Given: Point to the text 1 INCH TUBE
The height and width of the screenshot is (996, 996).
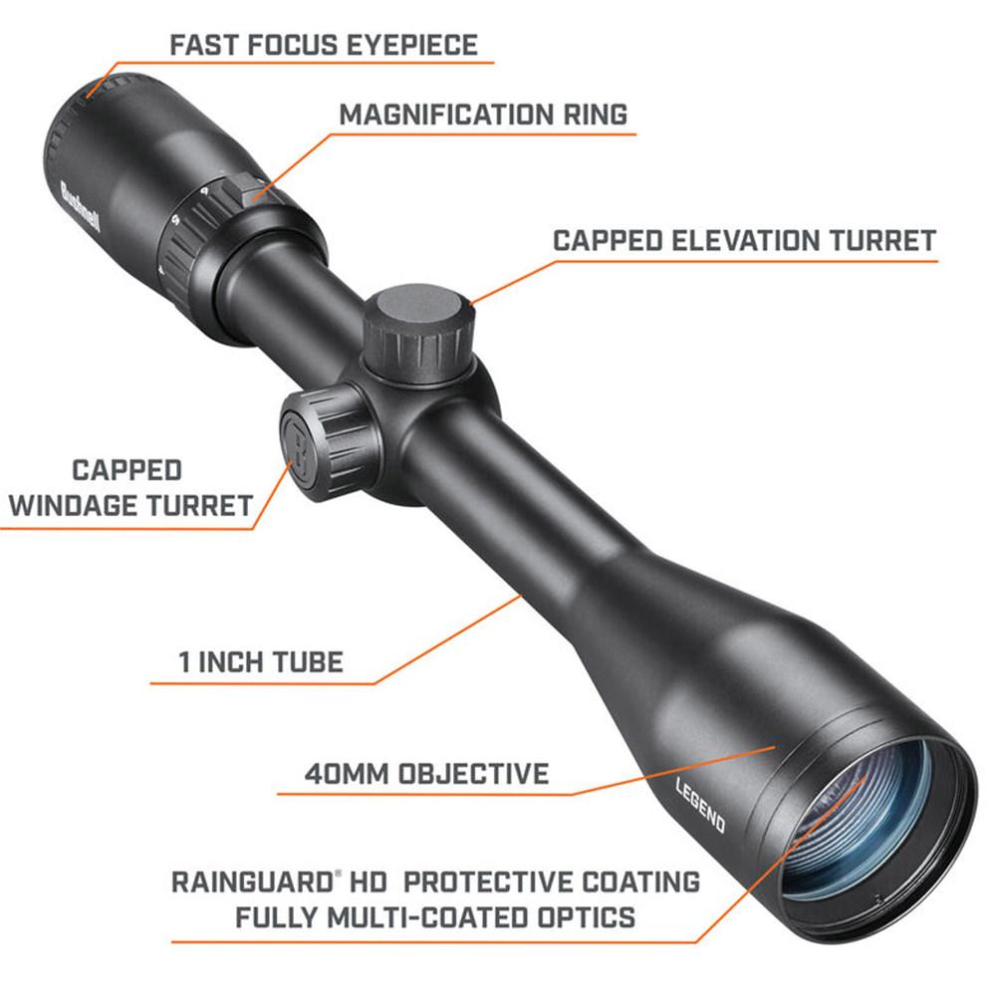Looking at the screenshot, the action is pos(261,662).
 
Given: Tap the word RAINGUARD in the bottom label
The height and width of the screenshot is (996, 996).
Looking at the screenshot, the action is pos(252,882).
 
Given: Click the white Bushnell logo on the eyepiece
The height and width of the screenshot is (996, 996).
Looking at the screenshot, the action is pos(80,207).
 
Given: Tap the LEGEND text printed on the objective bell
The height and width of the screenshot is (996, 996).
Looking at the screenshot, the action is pos(700,804).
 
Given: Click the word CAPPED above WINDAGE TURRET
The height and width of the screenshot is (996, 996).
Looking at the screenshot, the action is pos(127,471).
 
